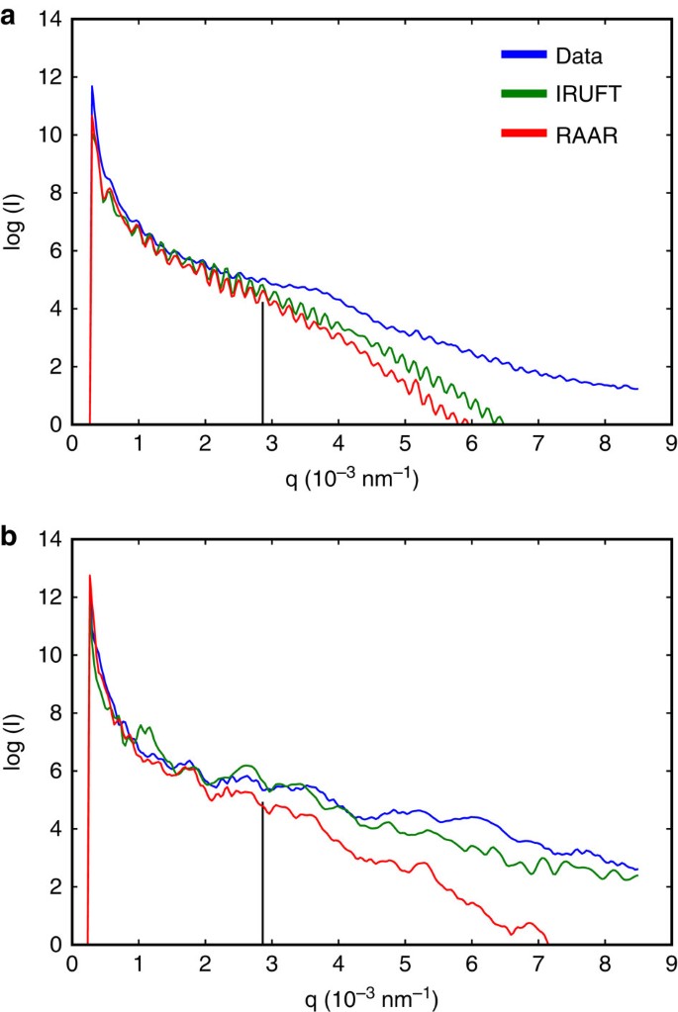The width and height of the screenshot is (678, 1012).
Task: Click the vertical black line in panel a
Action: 262,366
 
